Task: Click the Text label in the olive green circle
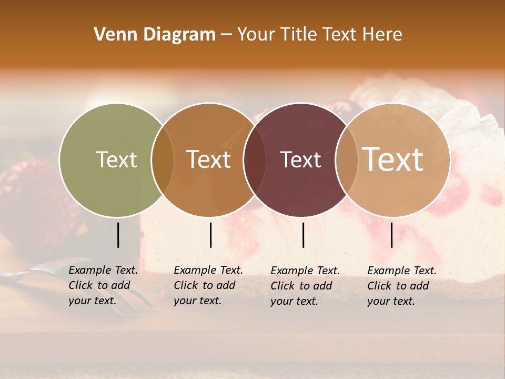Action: click(116, 159)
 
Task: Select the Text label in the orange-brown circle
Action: click(209, 159)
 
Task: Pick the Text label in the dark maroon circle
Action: click(301, 159)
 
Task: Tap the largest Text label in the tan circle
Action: click(393, 159)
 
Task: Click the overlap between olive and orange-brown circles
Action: click(163, 159)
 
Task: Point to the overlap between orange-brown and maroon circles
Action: click(255, 159)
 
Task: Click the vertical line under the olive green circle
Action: click(118, 235)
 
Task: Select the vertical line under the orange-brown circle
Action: click(210, 235)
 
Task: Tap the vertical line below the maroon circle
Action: click(303, 235)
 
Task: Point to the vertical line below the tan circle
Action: click(392, 235)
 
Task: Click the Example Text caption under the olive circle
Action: click(103, 285)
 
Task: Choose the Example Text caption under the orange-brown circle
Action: click(208, 285)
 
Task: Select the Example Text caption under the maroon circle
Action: click(305, 286)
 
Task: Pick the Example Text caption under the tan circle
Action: click(401, 286)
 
